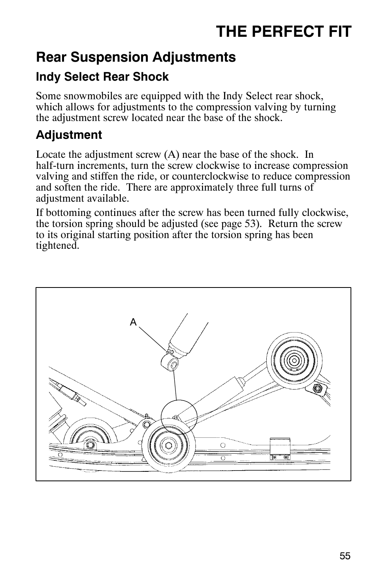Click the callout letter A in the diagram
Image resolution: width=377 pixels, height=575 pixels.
coord(133,322)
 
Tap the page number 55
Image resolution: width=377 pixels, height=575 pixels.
coord(345,556)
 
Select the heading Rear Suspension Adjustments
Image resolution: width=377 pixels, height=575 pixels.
coord(136,57)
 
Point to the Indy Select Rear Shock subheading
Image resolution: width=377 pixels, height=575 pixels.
coord(102,77)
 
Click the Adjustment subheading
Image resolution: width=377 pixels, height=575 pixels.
coord(69,135)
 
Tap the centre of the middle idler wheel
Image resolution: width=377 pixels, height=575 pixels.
coord(169,445)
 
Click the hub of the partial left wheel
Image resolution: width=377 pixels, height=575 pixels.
coord(90,445)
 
